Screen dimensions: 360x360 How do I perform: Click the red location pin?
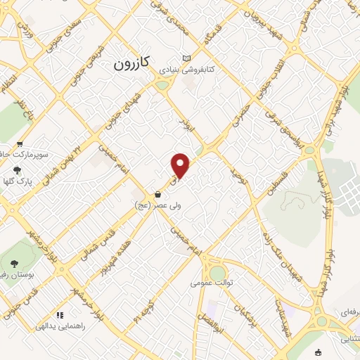pos(181,165)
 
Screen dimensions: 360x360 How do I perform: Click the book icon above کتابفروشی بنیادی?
pos(186,58)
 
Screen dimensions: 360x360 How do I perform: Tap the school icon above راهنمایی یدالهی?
pos(60,315)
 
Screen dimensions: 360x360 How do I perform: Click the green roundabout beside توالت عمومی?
pos(218,272)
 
